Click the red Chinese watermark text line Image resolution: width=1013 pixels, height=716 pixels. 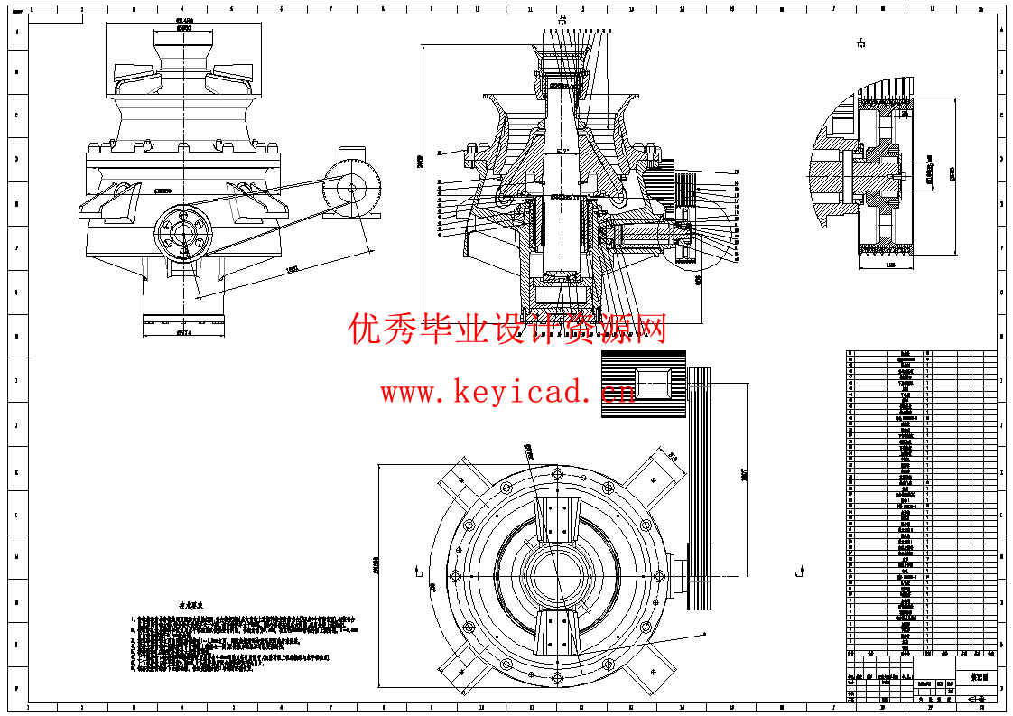507,330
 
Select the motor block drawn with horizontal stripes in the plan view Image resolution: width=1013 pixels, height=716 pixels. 644,385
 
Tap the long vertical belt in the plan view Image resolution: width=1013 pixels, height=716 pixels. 700,488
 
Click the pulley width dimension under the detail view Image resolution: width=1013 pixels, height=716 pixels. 890,265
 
